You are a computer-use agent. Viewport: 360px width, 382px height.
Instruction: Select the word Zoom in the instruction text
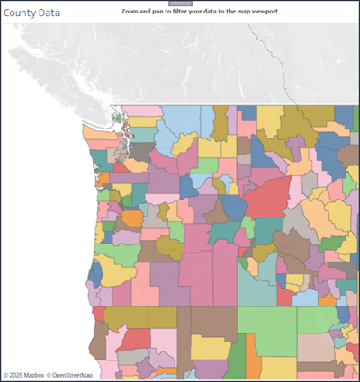(132, 13)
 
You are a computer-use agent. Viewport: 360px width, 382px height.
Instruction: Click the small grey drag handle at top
(180, 3)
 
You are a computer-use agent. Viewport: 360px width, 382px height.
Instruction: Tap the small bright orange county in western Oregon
(132, 218)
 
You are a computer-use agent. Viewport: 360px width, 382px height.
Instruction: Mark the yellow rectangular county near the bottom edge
(211, 347)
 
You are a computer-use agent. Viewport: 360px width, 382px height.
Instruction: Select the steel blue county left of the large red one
(235, 208)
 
